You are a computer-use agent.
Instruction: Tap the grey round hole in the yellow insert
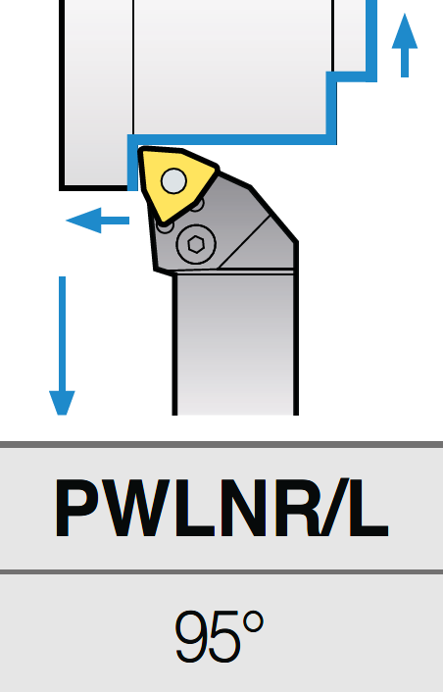coord(173,181)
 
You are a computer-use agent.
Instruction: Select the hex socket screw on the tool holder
coord(196,244)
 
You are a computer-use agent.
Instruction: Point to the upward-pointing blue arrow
coord(405,45)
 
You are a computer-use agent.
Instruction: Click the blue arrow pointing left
coord(97,221)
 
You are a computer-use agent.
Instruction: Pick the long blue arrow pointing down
coord(62,346)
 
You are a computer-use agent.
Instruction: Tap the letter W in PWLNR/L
coord(143,508)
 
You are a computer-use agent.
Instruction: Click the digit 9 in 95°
coord(192,636)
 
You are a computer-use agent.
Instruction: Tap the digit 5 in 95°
coord(226,636)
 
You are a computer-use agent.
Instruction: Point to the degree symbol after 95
coord(253,622)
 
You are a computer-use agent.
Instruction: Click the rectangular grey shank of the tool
coord(235,343)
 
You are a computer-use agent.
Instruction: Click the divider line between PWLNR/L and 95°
coord(221,572)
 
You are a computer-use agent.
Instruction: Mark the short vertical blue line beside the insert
coord(132,164)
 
